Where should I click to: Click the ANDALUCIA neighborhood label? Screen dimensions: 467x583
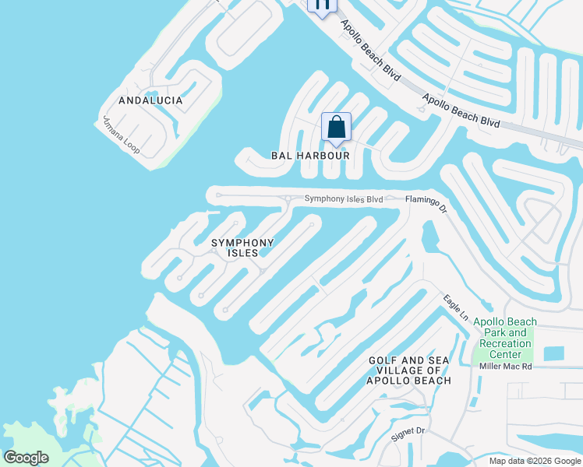pyautogui.click(x=150, y=100)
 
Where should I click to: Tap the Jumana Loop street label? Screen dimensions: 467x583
pyautogui.click(x=121, y=134)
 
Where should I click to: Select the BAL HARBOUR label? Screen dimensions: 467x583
pyautogui.click(x=309, y=156)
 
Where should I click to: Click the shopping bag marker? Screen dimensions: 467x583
pyautogui.click(x=336, y=127)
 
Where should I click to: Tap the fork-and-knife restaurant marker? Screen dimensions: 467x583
pyautogui.click(x=322, y=5)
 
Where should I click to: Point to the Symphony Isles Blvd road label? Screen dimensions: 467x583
pyautogui.click(x=343, y=199)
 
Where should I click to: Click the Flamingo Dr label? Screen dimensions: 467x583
pyautogui.click(x=426, y=202)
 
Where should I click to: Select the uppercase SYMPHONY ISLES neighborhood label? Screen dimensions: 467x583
pyautogui.click(x=243, y=248)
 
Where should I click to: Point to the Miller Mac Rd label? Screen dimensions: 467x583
pyautogui.click(x=506, y=366)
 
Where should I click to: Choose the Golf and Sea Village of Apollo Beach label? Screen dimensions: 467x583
pyautogui.click(x=410, y=370)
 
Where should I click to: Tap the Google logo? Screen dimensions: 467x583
pyautogui.click(x=26, y=458)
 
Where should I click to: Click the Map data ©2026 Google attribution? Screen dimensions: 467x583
pyautogui.click(x=535, y=461)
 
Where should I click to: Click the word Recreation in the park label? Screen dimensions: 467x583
pyautogui.click(x=506, y=343)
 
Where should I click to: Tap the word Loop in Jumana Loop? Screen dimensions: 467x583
pyautogui.click(x=130, y=142)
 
